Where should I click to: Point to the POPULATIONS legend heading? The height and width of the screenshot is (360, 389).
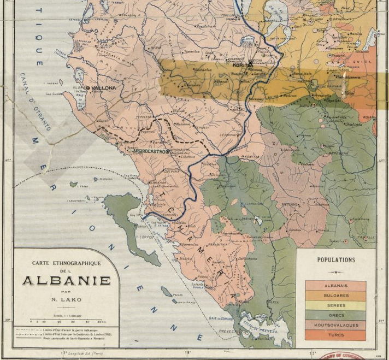(336, 260)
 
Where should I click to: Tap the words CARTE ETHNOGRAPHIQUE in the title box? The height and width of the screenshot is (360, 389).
(66, 263)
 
